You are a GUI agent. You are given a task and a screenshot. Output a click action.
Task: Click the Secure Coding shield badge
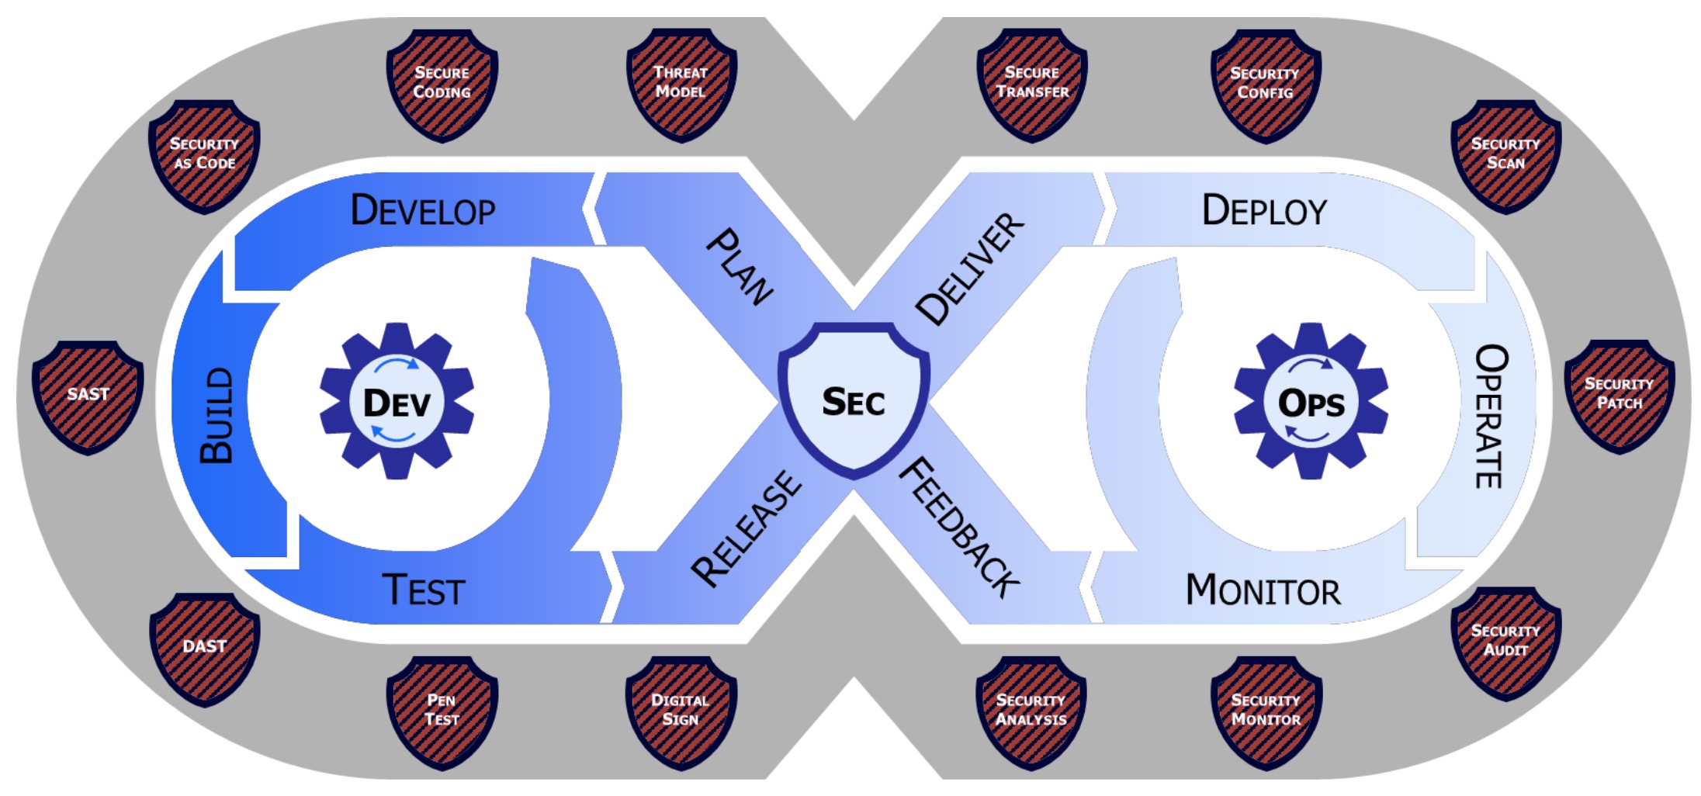[442, 84]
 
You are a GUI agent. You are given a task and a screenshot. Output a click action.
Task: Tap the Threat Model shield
[681, 84]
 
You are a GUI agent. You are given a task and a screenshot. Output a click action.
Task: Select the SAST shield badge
[88, 396]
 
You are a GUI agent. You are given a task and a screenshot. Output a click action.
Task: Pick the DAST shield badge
[205, 648]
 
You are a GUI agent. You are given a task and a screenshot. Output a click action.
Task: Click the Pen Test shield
[442, 711]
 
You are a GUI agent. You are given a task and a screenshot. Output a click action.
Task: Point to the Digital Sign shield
[681, 711]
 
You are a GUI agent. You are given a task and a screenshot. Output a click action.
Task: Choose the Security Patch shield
[1619, 394]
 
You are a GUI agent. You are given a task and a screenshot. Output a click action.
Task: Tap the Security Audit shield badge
[1505, 642]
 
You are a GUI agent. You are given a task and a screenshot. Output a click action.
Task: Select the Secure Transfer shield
[1032, 84]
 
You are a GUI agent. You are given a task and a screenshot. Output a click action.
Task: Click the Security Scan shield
[1505, 155]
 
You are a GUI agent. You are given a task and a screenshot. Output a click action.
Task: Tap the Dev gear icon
[397, 402]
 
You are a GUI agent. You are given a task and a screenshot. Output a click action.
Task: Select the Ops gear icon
[1311, 402]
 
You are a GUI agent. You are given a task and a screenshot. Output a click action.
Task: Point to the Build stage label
[217, 416]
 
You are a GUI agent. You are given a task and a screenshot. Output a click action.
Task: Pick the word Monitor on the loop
[1263, 591]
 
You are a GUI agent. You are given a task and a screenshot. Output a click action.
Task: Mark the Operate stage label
[1490, 416]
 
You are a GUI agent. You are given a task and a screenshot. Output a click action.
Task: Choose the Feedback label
[959, 528]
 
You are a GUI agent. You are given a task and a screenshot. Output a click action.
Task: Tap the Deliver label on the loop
[970, 268]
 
